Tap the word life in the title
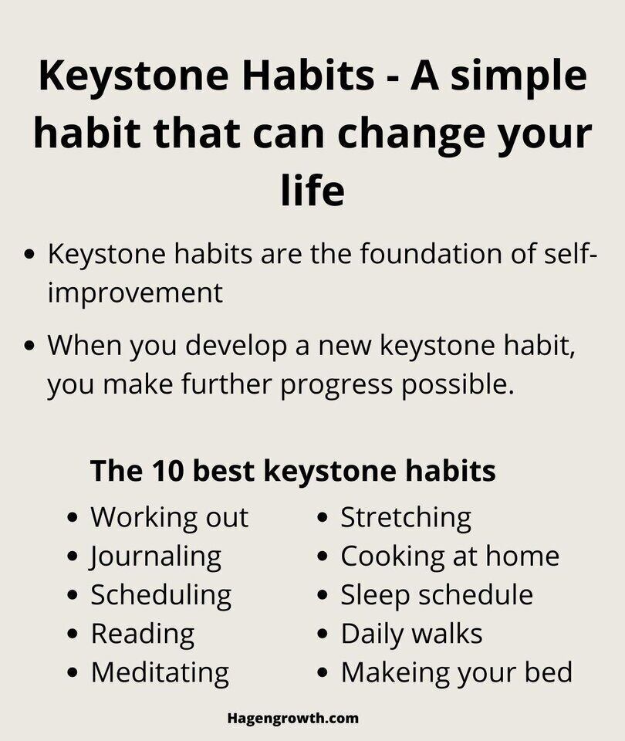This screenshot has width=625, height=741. pos(312,190)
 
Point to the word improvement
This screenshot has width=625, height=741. pos(135,293)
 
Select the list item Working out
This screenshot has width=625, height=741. pos(169,517)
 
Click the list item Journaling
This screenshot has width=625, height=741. pos(156,557)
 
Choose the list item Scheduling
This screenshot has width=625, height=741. pos(160,595)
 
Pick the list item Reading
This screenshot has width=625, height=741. pos(143,634)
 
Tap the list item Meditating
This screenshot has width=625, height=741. pos(160,672)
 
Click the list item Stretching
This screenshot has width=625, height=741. pos(406,517)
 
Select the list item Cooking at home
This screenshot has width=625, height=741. pos(450,556)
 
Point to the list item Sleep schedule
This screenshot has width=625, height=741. pos(437,594)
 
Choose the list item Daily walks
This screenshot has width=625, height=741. pos(411,634)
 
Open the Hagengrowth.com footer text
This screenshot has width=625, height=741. pos(293,718)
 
